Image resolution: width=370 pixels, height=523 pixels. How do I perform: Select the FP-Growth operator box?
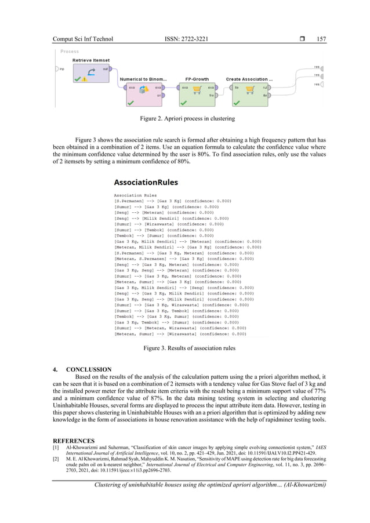point(196,92)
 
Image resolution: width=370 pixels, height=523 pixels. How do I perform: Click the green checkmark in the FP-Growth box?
point(183,103)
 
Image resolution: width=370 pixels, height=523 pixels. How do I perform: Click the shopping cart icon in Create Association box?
point(251,89)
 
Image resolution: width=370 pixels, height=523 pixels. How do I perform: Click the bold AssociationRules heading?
point(146,182)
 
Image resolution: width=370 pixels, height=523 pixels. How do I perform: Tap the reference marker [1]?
point(56,448)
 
